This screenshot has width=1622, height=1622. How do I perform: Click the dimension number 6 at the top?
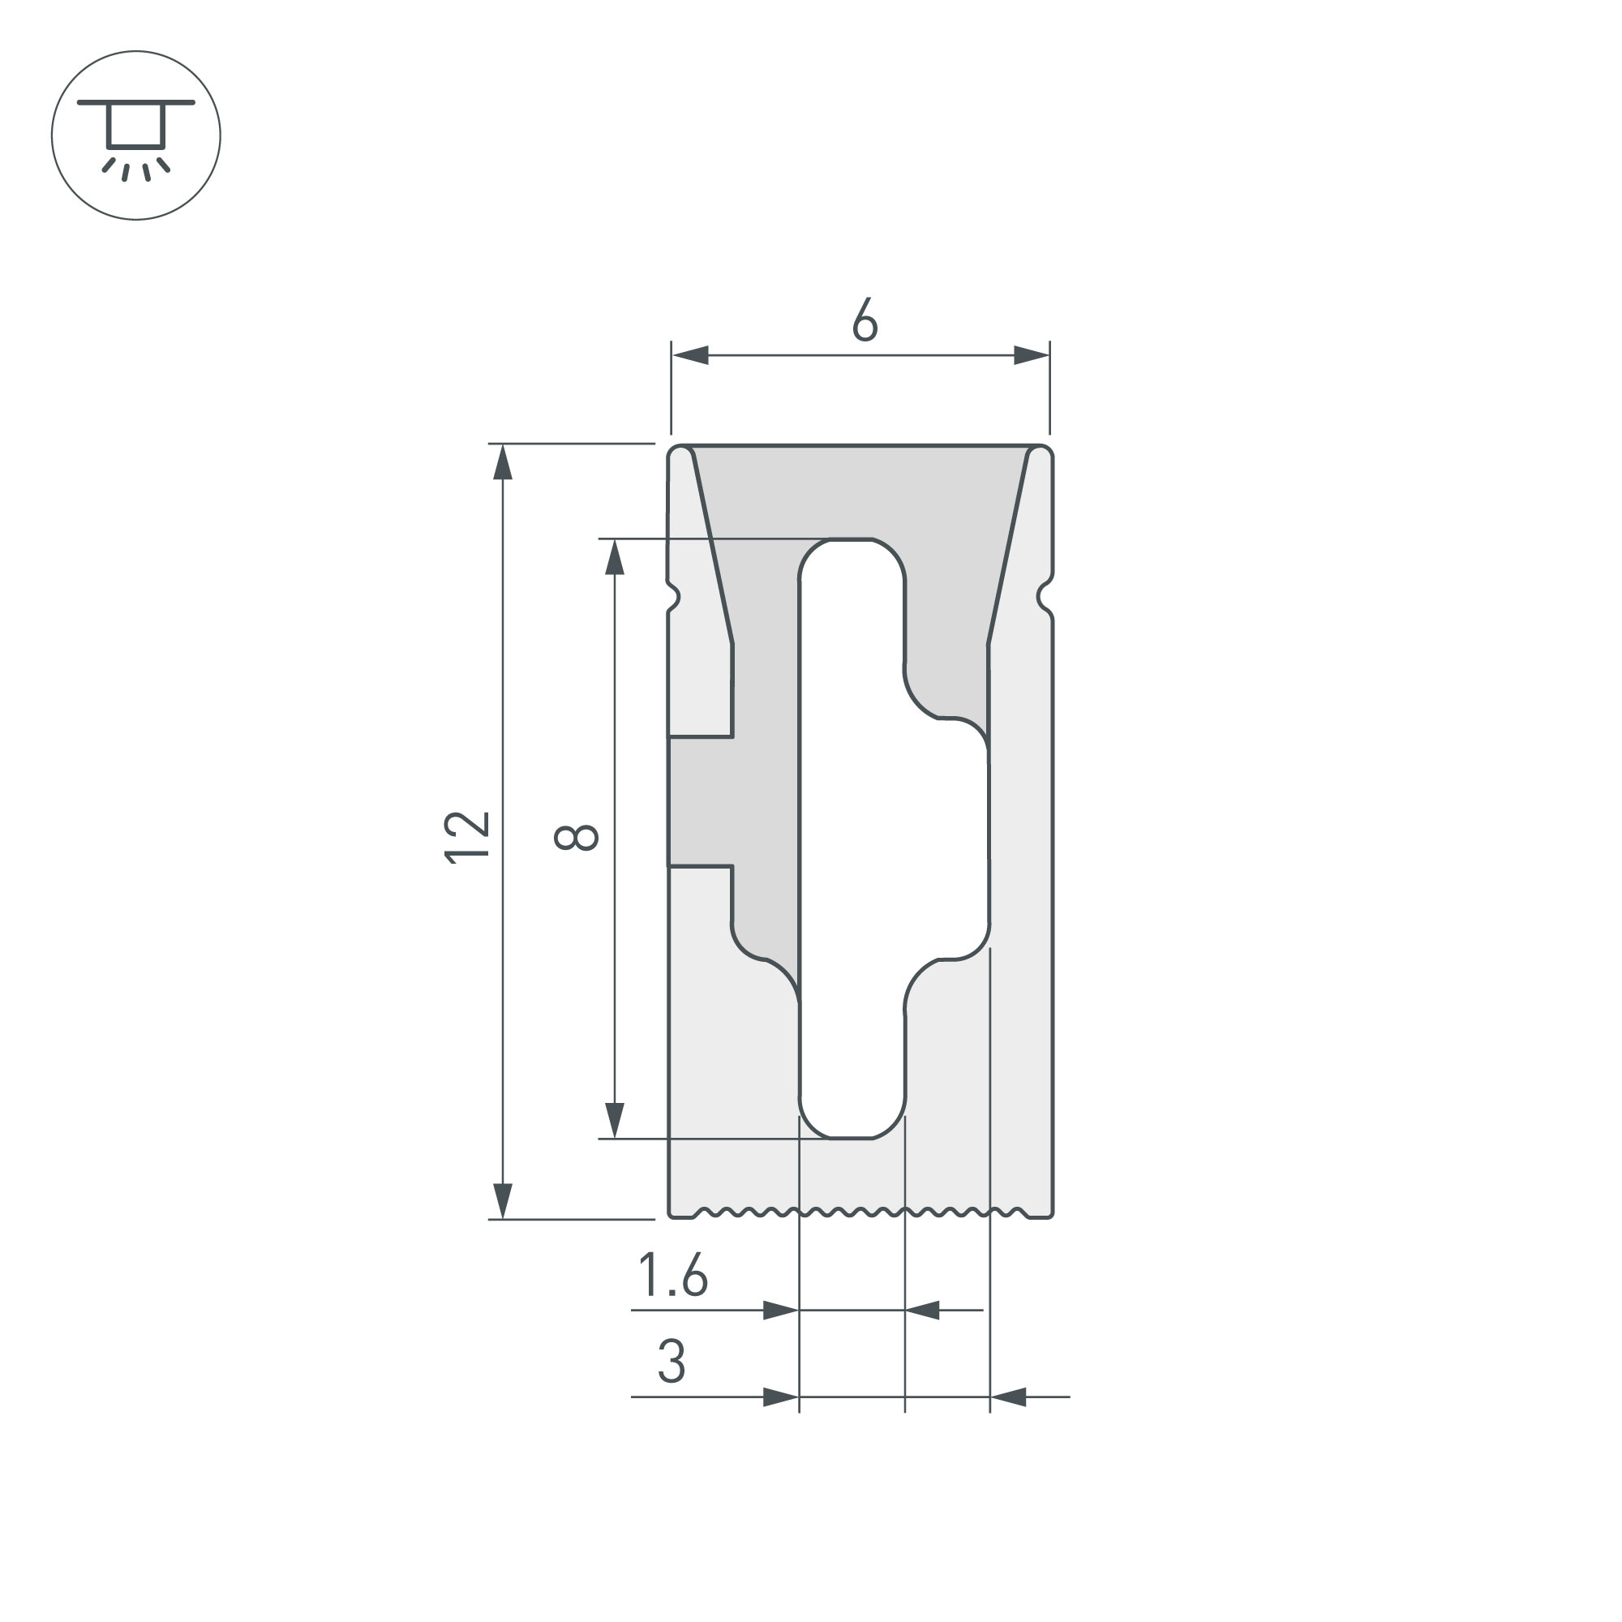[864, 320]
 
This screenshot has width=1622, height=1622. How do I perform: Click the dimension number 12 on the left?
[467, 837]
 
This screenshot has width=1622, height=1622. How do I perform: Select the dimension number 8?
[576, 837]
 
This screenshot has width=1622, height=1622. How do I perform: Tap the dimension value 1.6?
[672, 1276]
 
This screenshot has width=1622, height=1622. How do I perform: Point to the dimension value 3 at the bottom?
[672, 1362]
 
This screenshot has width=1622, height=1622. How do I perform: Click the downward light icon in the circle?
[136, 136]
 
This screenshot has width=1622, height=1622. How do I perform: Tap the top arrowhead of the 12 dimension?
[502, 461]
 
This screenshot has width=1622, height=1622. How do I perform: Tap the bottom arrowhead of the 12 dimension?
[502, 1200]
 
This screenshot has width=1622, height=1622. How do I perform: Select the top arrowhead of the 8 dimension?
[615, 556]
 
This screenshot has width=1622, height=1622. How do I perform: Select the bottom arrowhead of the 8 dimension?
[615, 1120]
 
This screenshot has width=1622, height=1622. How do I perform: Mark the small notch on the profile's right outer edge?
[1045, 597]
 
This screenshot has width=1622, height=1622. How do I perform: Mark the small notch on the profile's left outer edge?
[674, 597]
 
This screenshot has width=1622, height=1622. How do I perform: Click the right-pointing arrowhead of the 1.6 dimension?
[780, 1310]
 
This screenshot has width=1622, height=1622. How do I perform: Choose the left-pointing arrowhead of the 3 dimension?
[1008, 1397]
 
